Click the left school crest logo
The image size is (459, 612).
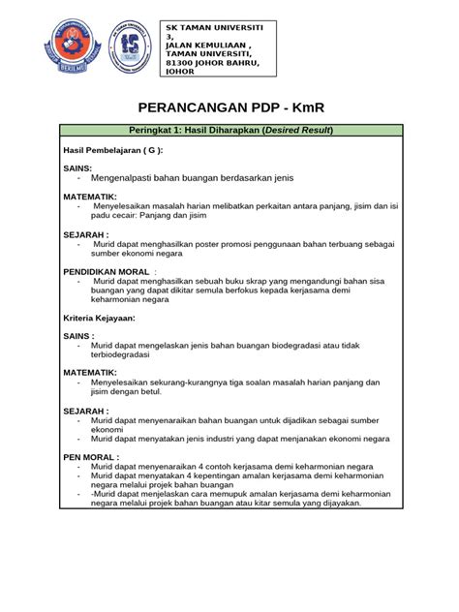pos(71,50)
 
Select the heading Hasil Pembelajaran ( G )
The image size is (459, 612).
pos(112,152)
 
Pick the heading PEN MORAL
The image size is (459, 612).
pos(91,456)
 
